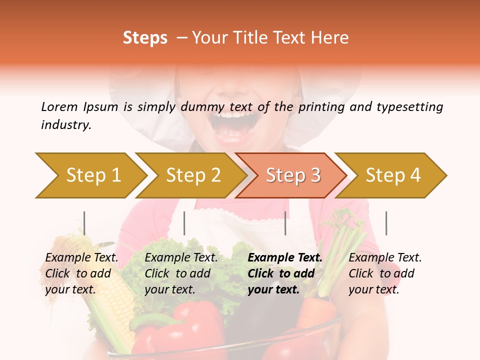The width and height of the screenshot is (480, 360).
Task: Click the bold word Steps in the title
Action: point(145,38)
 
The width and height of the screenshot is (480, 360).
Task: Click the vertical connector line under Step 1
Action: point(84,223)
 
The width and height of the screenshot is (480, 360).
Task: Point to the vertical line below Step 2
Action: point(184,223)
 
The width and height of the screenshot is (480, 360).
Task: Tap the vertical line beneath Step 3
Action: point(285,223)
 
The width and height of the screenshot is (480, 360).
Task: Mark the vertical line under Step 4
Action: point(386,223)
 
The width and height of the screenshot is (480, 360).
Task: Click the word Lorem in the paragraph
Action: point(59,106)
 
